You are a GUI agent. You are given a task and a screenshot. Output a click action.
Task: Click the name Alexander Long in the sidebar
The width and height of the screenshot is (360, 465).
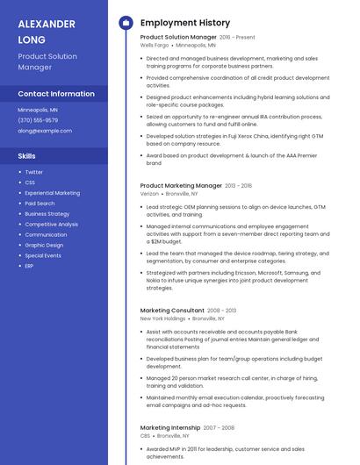47,31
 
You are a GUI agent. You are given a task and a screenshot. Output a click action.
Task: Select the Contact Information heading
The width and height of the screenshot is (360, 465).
56,93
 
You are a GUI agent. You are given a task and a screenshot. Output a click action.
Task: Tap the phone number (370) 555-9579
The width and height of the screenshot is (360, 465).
38,120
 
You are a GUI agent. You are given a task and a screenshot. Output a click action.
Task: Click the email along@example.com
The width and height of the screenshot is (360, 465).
45,130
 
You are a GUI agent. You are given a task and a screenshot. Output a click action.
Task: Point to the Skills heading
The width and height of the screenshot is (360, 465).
26,155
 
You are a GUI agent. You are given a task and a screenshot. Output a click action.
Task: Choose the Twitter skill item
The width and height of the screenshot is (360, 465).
33,172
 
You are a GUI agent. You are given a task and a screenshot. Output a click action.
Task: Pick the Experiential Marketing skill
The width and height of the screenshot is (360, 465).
52,193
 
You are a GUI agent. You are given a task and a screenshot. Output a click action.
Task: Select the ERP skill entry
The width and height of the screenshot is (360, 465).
29,266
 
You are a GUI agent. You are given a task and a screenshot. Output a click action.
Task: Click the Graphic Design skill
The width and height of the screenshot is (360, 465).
44,245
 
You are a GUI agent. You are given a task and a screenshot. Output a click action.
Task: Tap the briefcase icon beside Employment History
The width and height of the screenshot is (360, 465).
126,23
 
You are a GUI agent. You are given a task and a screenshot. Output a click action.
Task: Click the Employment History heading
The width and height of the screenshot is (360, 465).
185,23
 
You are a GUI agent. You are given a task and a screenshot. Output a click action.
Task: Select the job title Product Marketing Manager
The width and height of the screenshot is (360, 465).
181,186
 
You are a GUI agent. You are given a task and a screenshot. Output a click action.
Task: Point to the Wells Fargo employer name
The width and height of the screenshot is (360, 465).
154,45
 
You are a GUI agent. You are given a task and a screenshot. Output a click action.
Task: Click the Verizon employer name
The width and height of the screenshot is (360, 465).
149,193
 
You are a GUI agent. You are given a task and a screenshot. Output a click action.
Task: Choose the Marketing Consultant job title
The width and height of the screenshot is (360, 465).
172,310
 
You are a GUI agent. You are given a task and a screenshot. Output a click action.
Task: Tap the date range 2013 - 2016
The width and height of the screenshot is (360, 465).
238,186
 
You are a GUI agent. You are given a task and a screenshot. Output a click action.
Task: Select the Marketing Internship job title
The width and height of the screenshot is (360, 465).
169,427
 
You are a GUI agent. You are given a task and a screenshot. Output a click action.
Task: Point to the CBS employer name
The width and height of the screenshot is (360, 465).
145,435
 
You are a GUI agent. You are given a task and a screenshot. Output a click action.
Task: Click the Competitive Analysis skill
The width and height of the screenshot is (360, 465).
51,224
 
